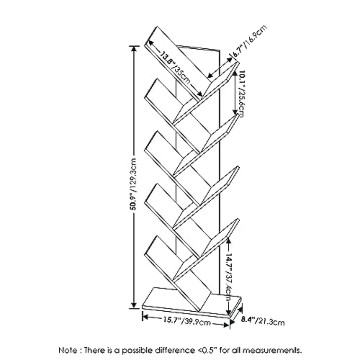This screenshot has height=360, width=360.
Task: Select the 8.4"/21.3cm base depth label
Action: click(x=263, y=320)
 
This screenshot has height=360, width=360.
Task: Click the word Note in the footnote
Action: click(x=69, y=350)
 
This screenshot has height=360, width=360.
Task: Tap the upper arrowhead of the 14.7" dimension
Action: click(x=228, y=240)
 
